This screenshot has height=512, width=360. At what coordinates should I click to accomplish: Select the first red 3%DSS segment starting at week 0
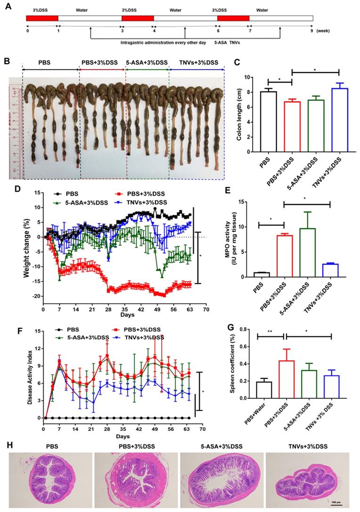[42, 18]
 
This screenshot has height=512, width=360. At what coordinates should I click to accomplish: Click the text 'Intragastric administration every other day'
[149, 42]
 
